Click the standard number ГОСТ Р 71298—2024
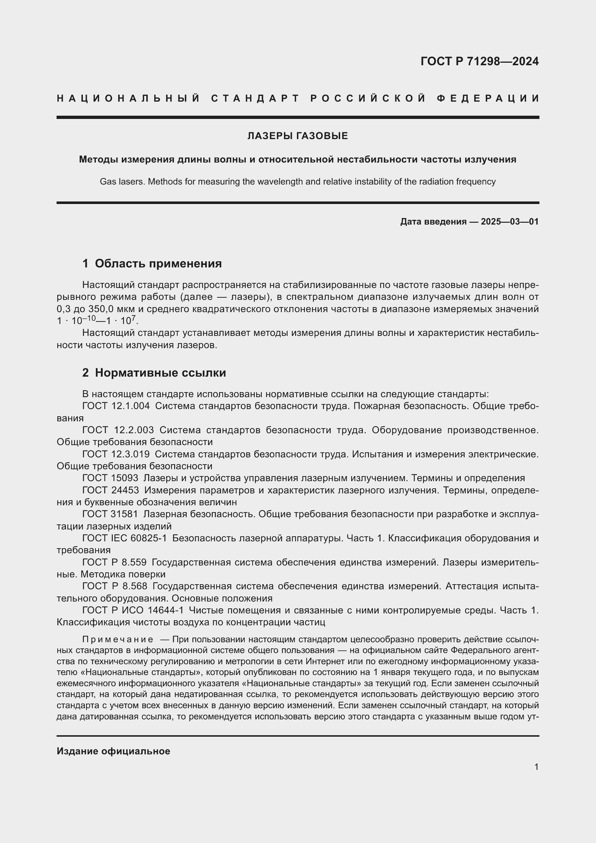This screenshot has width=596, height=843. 479,61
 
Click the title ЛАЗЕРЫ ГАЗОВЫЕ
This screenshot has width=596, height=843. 298,136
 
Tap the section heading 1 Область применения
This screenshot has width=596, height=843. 152,263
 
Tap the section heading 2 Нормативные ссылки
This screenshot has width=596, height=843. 154,373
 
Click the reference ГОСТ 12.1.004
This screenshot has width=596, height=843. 116,406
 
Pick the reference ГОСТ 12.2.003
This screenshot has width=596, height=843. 118,430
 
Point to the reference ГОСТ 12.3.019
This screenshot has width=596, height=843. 116,454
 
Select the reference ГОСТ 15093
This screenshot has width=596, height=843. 110,478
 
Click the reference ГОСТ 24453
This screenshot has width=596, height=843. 111,490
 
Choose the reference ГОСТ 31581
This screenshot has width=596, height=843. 110,514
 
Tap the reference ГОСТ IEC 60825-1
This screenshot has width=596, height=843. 124,538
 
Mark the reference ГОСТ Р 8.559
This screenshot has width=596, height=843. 115,562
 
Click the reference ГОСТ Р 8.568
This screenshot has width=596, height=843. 115,586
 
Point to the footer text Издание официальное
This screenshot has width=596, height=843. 114,751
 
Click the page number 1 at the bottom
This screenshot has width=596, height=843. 536,767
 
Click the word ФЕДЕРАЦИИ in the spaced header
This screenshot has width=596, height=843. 488,98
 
